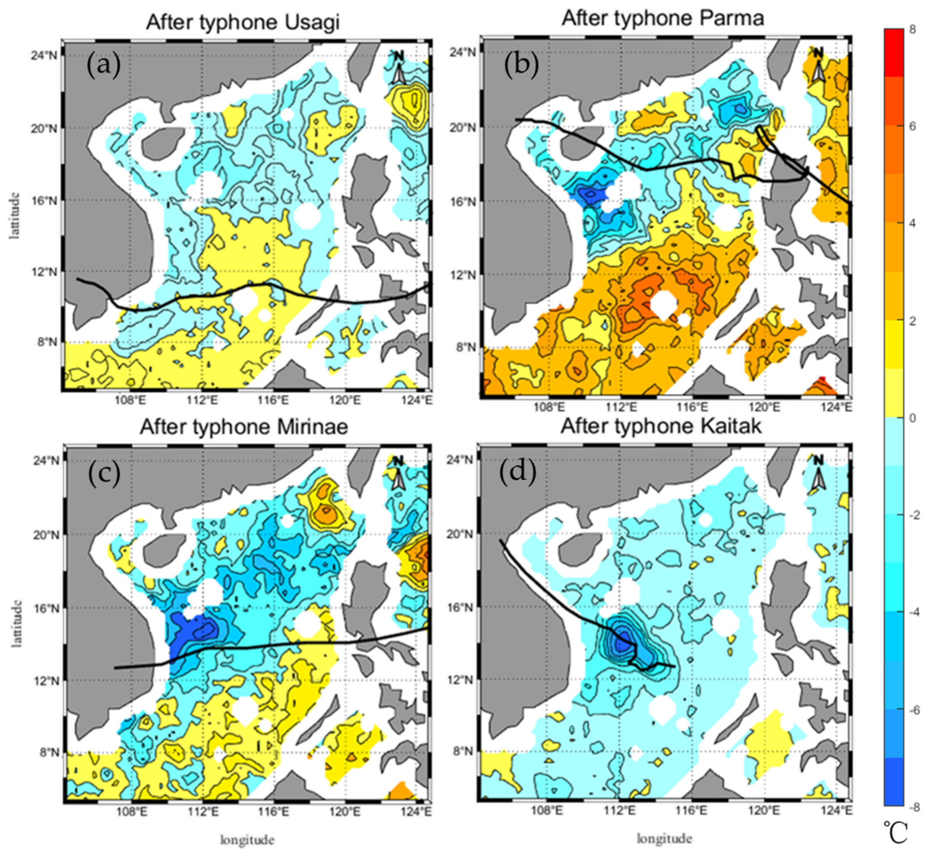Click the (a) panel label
pos(104,65)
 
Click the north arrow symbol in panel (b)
pos(818,67)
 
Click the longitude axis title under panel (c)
pos(247,840)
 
